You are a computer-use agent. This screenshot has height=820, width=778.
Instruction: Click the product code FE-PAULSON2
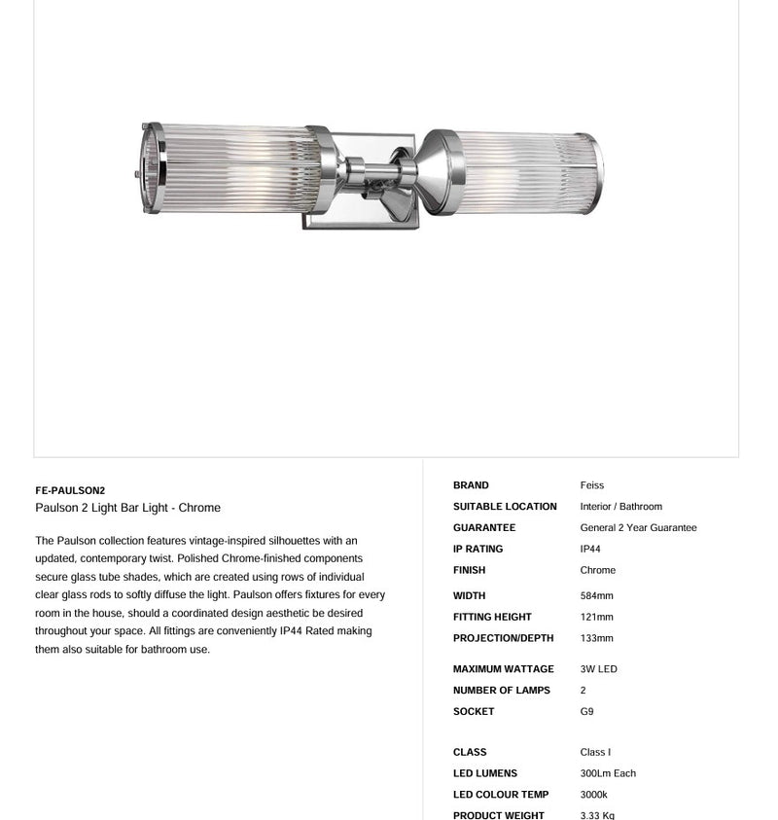click(70, 490)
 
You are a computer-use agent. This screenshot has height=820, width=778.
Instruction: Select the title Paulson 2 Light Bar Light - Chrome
click(127, 508)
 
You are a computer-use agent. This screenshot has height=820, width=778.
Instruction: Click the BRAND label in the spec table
click(471, 485)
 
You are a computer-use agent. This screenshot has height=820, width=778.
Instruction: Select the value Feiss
click(592, 485)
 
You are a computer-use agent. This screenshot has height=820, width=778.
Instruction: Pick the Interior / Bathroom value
click(620, 507)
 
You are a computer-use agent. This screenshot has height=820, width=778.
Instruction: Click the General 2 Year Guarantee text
click(638, 528)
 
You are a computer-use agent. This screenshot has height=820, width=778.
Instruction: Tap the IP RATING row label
click(477, 550)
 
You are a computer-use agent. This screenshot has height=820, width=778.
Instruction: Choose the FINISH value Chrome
click(597, 571)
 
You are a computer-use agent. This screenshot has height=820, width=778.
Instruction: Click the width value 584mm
click(596, 596)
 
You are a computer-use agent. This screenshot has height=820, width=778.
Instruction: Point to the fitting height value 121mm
click(596, 618)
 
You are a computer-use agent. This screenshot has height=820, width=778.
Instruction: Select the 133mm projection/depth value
click(596, 639)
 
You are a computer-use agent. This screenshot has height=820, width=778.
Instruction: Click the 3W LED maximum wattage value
click(598, 669)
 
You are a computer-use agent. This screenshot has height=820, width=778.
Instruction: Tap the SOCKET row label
click(473, 712)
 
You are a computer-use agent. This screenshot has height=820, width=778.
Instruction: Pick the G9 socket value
click(586, 712)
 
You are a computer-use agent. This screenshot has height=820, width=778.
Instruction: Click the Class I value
click(595, 753)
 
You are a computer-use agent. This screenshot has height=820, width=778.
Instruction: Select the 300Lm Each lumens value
click(608, 774)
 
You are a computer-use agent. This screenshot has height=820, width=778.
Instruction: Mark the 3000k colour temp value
click(593, 796)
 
